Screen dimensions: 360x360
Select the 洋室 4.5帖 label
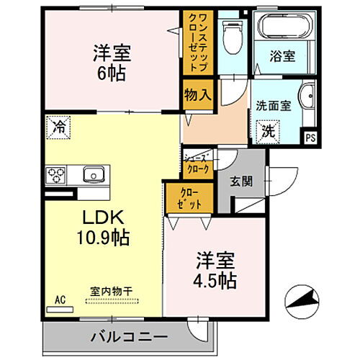coord(215,269)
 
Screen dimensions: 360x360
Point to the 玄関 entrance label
coord(242,181)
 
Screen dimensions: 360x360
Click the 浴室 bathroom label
coord(280,53)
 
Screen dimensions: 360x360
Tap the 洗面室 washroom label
coord(274,105)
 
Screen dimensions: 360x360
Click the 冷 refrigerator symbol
coord(58,127)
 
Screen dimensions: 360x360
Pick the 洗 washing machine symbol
coord(267,132)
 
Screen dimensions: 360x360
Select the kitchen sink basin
coord(94,174)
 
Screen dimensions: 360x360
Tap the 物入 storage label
coord(198,94)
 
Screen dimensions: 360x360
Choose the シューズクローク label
coord(197,163)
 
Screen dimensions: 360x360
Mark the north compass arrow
coord(302,299)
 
